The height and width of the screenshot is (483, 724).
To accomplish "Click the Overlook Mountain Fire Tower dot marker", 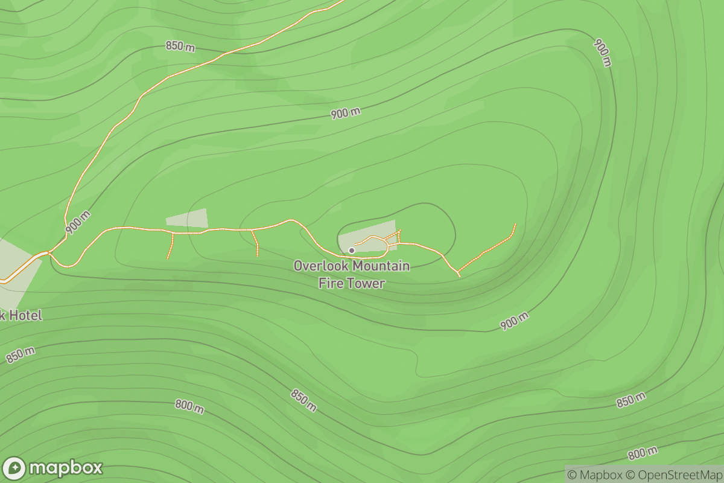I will pos(351,250).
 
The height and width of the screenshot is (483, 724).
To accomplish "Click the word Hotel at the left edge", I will pos(26,315).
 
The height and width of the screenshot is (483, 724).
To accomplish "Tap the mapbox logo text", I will pos(66,468).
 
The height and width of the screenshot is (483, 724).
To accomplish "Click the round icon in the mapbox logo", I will pos(14,469).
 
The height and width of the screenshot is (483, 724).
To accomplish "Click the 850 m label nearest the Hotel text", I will pos(21,355).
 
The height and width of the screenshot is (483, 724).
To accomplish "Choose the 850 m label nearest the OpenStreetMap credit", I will pos(631,400).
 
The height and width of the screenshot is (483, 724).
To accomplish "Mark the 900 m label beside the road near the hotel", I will pos(78,222).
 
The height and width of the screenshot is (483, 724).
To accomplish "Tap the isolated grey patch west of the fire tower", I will pos(187,219).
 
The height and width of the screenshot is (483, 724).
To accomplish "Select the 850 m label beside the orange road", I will pos(180,47).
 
